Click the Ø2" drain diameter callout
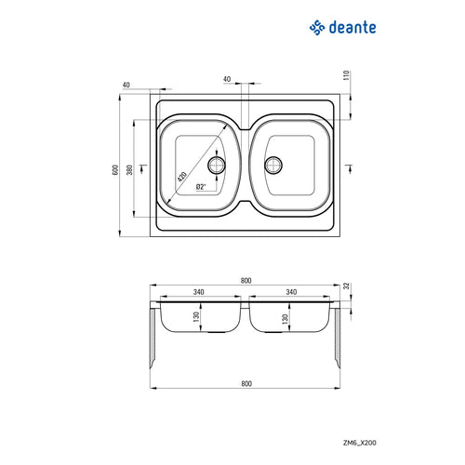click(x=201, y=187)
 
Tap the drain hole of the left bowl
click(x=218, y=166)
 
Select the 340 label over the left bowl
click(x=198, y=292)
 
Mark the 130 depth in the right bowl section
click(x=284, y=319)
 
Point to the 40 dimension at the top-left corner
click(x=126, y=86)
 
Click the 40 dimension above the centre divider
click(x=227, y=80)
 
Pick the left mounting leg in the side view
click(x=154, y=339)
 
